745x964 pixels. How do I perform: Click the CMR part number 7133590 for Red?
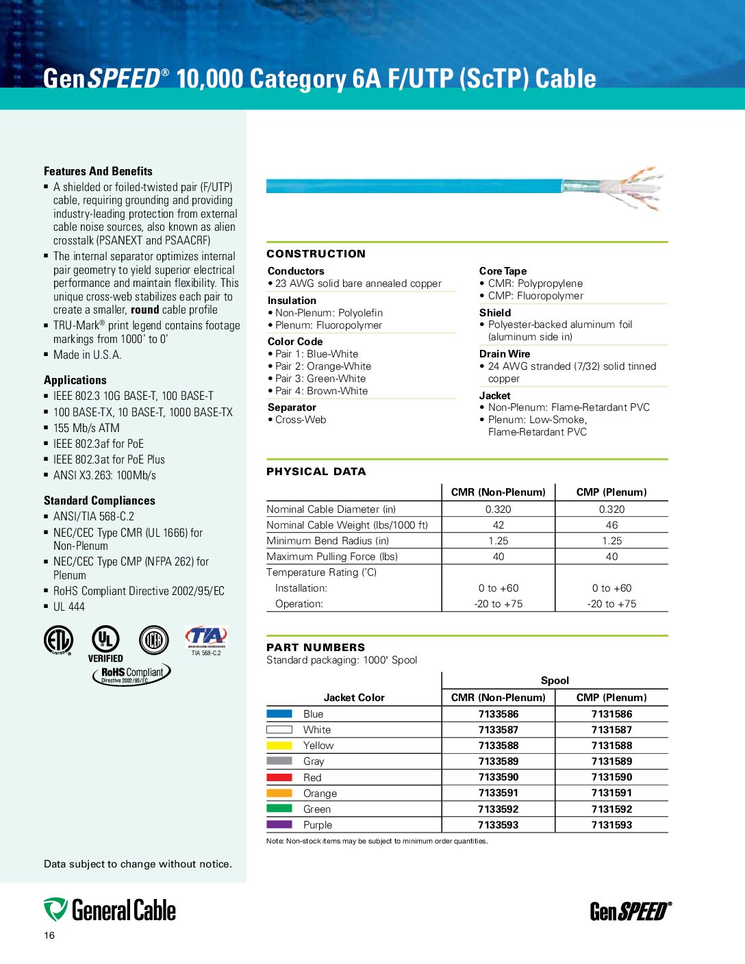coord(498,777)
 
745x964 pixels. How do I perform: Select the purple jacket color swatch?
coord(279,825)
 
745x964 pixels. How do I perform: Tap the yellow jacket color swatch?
coord(279,746)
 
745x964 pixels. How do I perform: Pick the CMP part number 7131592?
coord(611,809)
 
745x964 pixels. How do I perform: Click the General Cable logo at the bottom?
coord(110,911)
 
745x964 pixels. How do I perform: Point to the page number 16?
coord(49,936)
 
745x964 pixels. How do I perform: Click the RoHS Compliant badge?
coord(131,674)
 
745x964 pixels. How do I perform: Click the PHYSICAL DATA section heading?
coord(316,472)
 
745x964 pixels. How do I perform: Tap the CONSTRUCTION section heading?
coord(316,254)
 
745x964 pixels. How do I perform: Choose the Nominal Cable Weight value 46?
coord(611,525)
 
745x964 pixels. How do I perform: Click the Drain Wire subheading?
coord(505,354)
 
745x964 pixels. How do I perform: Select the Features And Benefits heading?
coord(98,171)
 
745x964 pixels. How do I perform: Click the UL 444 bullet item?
coord(68,607)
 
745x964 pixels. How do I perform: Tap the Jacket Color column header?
coord(354,698)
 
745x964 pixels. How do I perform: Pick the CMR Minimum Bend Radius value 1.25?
coord(498,541)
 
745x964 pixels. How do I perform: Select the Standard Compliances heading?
coord(99,500)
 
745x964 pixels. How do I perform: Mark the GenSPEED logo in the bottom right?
coord(631,911)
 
